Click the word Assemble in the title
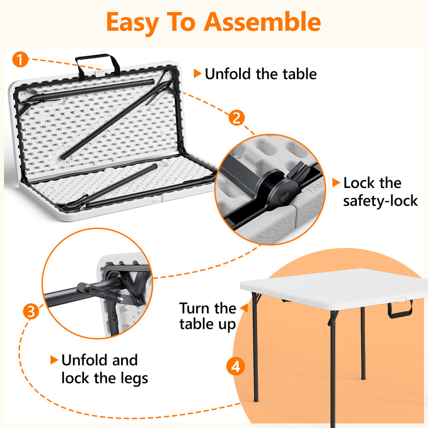(x=262, y=22)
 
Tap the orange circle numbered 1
(x=20, y=59)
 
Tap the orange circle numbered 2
(x=237, y=117)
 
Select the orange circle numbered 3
(x=31, y=311)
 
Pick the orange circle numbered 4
(x=236, y=366)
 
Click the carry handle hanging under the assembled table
(x=400, y=310)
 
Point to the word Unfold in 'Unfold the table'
(x=228, y=74)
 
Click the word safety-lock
(x=380, y=201)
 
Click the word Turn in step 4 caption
(x=195, y=308)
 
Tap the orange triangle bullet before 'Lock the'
(x=336, y=183)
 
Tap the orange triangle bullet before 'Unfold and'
(x=54, y=360)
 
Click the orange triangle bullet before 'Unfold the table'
(x=197, y=74)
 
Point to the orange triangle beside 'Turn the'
(x=244, y=308)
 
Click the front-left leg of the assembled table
(x=255, y=346)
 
